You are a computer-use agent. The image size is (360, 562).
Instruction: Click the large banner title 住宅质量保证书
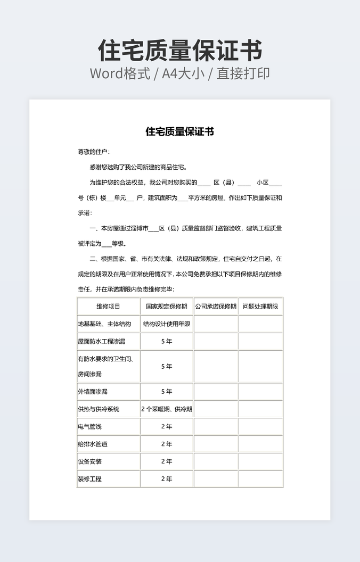pyautogui.click(x=180, y=51)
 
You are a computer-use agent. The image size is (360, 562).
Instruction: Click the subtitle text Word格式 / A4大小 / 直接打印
pyautogui.click(x=180, y=73)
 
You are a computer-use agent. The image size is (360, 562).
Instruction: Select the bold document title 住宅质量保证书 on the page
pyautogui.click(x=180, y=131)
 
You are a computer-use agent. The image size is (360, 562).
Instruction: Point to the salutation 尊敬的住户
pyautogui.click(x=94, y=152)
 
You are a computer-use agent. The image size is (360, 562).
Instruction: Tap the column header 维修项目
pyautogui.click(x=109, y=307)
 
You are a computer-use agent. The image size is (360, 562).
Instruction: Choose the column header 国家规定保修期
pyautogui.click(x=167, y=307)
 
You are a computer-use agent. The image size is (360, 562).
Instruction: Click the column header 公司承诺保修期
pyautogui.click(x=216, y=307)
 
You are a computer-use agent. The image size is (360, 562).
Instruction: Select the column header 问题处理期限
pyautogui.click(x=260, y=307)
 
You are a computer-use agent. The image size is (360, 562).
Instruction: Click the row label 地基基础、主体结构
pyautogui.click(x=104, y=324)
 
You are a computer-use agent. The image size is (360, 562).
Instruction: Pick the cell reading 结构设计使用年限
pyautogui.click(x=167, y=324)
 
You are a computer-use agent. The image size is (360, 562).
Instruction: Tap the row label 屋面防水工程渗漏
pyautogui.click(x=101, y=341)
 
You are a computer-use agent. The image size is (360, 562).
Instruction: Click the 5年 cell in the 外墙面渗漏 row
pyautogui.click(x=167, y=392)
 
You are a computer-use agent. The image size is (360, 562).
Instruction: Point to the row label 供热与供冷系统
pyautogui.click(x=99, y=409)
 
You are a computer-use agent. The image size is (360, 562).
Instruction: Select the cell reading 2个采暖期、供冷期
pyautogui.click(x=167, y=409)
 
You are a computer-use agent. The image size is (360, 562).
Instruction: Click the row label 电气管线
pyautogui.click(x=89, y=427)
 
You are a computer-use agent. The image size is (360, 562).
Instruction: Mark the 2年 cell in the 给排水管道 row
pyautogui.click(x=167, y=444)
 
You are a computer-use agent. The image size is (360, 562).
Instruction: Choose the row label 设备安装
pyautogui.click(x=89, y=461)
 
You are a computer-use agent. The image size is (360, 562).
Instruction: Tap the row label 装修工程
pyautogui.click(x=89, y=479)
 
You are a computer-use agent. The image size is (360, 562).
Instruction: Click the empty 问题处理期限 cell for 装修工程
pyautogui.click(x=260, y=479)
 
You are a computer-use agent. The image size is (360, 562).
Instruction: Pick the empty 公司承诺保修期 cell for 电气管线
pyautogui.click(x=216, y=427)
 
